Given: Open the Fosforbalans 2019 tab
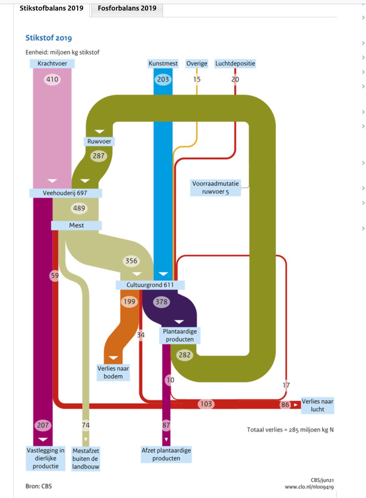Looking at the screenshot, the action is point(127,8).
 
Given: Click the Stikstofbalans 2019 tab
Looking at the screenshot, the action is point(51,8).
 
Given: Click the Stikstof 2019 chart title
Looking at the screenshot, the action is point(49,38).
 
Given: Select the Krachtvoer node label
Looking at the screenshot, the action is point(52,63).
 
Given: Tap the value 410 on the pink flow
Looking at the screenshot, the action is point(52,79).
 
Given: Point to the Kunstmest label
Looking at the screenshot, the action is point(163,63).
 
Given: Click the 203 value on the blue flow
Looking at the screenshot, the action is point(163,79).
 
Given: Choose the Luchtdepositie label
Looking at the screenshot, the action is point(235,63).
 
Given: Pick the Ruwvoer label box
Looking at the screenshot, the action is point(99,142).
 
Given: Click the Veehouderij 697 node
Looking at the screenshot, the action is point(66,193).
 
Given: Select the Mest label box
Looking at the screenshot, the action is point(76,225).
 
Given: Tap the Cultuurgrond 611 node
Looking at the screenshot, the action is point(150,285).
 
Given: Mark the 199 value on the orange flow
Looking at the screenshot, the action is point(129,302).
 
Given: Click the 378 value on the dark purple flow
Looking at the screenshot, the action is point(161,302).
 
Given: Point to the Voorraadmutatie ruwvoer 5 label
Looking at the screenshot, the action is point(215,188).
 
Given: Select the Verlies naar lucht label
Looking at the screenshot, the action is point(317,405).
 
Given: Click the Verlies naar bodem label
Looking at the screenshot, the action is point(113,372).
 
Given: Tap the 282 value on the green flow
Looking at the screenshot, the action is point(185,355).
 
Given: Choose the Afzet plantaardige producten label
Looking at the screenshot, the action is point(166,454).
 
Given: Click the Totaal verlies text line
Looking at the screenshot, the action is point(290,430).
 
